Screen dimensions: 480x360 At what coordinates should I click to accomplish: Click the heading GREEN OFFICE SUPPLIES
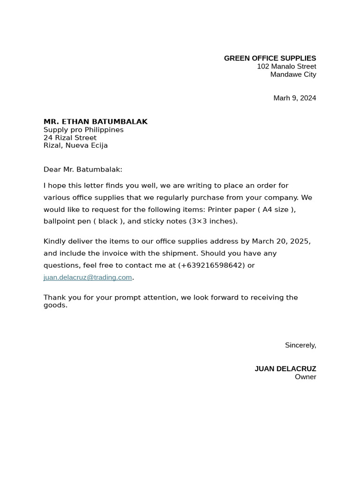coord(270,58)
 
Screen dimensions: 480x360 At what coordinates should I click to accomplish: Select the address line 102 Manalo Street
coord(286,67)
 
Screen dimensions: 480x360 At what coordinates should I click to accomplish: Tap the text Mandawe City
coord(293,75)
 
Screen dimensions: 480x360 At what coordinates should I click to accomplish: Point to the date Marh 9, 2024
coord(294,98)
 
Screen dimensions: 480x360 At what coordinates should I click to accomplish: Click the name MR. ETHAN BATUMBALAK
coord(96,122)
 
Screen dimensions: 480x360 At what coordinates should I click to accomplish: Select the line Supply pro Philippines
coord(83,130)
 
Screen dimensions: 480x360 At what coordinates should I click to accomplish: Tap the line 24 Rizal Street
coord(70,138)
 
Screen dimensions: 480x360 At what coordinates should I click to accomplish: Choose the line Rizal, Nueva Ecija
coord(75,145)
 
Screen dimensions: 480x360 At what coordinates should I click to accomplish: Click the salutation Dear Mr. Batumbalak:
coord(82,169)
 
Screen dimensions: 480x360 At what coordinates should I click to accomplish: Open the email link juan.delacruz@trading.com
coord(88,277)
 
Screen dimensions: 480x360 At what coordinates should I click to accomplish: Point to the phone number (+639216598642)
coord(211,265)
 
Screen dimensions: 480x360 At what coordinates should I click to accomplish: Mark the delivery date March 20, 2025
coord(281,241)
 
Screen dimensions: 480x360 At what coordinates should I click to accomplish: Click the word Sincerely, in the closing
coord(300,345)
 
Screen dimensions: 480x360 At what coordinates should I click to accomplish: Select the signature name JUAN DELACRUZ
coord(285,369)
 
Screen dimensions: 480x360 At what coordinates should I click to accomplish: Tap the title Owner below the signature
coord(305,377)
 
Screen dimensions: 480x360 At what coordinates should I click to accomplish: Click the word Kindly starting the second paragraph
coord(55,241)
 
